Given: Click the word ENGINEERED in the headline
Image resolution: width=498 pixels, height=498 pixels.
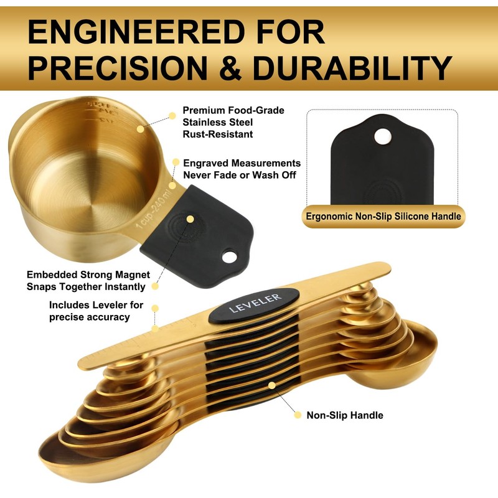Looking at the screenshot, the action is click(x=136, y=32).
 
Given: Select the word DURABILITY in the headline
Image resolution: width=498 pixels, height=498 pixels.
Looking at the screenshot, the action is click(x=352, y=68).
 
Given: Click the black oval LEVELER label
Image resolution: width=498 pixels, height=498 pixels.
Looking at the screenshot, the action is click(x=254, y=305).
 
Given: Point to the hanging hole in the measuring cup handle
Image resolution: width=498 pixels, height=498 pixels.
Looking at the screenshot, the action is click(x=229, y=256).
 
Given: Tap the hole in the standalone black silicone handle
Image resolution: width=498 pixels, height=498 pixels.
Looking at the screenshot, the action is click(x=382, y=136).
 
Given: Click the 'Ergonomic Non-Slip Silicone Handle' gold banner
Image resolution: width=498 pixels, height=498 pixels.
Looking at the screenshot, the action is click(x=383, y=217).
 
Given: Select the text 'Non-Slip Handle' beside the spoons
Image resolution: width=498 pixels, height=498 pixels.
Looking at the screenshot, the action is click(x=345, y=415).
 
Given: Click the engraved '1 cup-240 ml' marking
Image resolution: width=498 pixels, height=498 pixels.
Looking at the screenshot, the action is click(x=156, y=209).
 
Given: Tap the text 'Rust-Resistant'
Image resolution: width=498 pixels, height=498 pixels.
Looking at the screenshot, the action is click(x=217, y=134).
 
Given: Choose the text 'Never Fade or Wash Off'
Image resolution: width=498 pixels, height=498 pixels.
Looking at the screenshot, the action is click(x=240, y=175).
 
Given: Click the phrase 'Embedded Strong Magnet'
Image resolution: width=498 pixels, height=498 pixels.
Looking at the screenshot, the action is click(x=88, y=275).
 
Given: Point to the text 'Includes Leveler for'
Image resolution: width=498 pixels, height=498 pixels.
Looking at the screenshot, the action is click(x=96, y=305).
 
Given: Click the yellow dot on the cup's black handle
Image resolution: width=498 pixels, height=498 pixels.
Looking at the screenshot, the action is click(x=190, y=219).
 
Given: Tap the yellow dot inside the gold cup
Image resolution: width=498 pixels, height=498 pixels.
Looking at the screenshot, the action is click(x=140, y=129).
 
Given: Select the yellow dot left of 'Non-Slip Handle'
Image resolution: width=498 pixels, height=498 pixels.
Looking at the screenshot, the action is click(x=298, y=415).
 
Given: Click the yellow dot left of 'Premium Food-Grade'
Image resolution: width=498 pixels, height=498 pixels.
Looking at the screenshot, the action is click(x=172, y=116).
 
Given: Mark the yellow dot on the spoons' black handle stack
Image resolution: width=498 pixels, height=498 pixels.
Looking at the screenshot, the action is click(x=272, y=385).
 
